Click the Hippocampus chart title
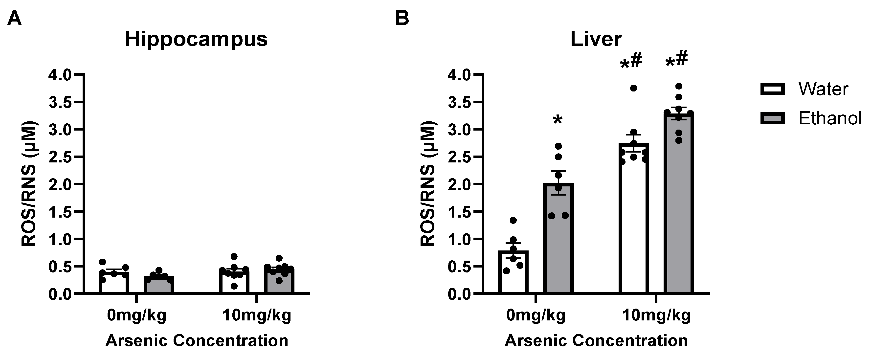click(x=196, y=40)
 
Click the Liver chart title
click(x=596, y=40)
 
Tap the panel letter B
click(x=402, y=18)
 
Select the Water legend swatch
click(x=772, y=90)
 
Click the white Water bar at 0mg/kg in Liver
click(x=513, y=274)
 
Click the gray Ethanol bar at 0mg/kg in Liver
click(x=558, y=243)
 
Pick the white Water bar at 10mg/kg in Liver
click(x=634, y=223)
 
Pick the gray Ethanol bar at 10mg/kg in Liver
click(x=679, y=206)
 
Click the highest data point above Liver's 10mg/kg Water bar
click(x=634, y=88)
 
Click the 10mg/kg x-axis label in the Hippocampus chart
click(x=257, y=315)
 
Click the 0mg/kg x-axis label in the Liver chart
click(x=536, y=315)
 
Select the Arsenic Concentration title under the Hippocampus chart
click(x=197, y=341)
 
